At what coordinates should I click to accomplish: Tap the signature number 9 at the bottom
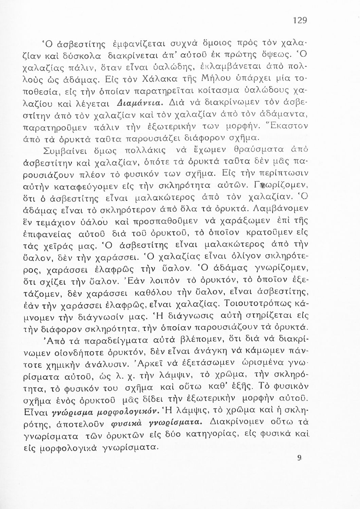[x=299, y=457]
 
